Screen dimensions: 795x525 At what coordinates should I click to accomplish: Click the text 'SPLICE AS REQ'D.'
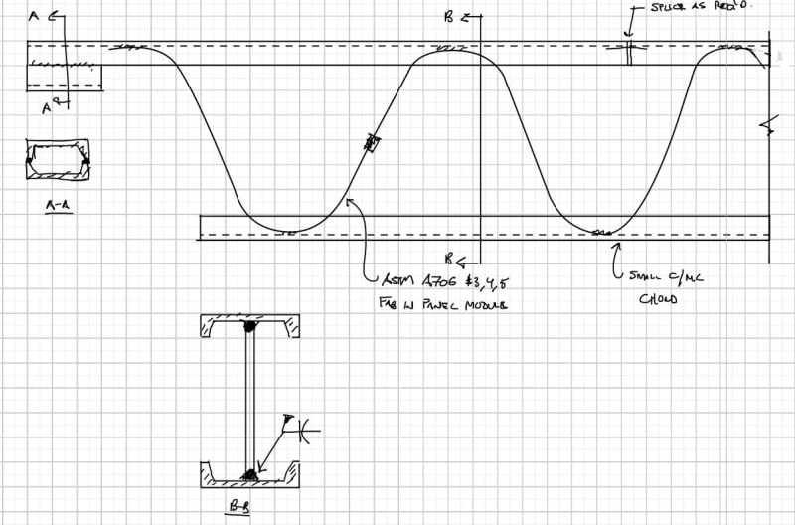pyautogui.click(x=703, y=6)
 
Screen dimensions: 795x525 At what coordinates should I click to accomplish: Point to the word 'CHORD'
pyautogui.click(x=657, y=299)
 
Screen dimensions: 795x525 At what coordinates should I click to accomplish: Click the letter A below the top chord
pyautogui.click(x=47, y=107)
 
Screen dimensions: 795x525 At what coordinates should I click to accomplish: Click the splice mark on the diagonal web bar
pyautogui.click(x=373, y=143)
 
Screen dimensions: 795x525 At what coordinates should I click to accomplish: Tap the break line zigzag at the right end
pyautogui.click(x=766, y=125)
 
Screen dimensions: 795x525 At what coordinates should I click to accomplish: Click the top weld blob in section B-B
pyautogui.click(x=249, y=326)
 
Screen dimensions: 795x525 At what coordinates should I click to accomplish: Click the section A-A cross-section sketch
pyautogui.click(x=58, y=159)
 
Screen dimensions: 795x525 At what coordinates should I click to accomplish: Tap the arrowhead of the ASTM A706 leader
pyautogui.click(x=349, y=201)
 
